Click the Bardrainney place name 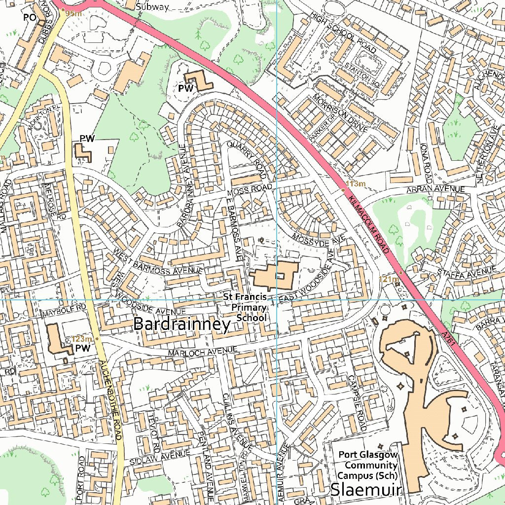coord(182,325)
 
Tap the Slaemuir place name coord(366,490)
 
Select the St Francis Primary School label coord(245,307)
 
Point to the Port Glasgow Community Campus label coord(367,465)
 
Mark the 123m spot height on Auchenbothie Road coord(82,339)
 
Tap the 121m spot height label coord(389,279)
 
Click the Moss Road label coord(250,189)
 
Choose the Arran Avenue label coord(435,189)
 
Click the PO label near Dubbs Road coord(30,17)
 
